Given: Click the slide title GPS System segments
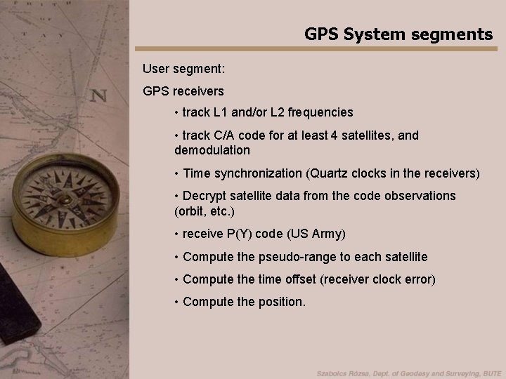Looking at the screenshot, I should click(398, 34).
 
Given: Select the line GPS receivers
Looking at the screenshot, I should click(183, 91).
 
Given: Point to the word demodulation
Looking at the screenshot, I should click(212, 150).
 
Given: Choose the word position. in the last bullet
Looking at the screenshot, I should click(280, 302).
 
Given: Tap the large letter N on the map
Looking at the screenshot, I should click(98, 96).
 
